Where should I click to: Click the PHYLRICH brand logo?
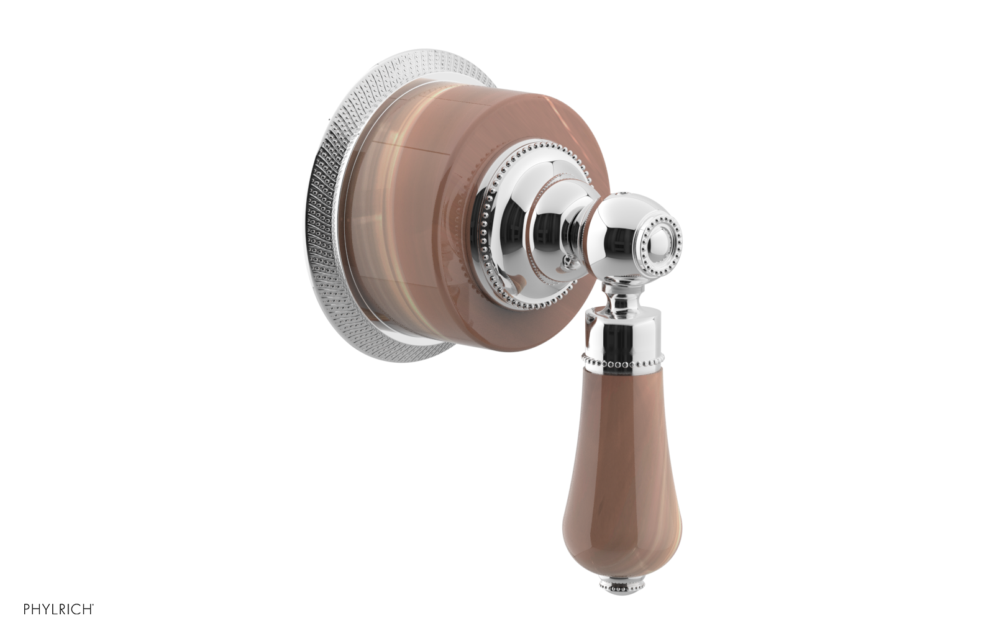(x=58, y=609)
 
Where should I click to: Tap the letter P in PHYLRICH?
(x=27, y=609)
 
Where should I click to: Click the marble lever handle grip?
(x=621, y=447)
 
